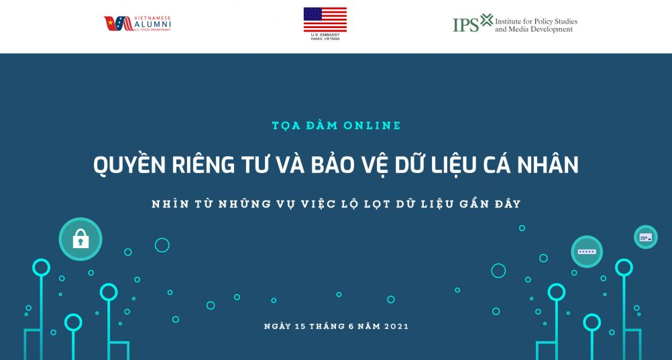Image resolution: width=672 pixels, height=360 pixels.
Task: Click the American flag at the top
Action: tap(325, 19)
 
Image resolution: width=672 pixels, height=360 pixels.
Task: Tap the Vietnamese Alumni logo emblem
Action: tap(118, 23)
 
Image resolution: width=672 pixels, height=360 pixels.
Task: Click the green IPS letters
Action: tap(465, 25)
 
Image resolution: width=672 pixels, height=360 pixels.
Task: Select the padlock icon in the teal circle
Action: tap(80, 239)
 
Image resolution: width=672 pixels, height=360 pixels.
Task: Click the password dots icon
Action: tap(587, 251)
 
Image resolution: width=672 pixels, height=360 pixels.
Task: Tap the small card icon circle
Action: tap(645, 237)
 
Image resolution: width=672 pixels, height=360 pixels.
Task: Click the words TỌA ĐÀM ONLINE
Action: tap(336, 125)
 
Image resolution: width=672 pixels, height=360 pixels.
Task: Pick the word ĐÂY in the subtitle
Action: tap(505, 204)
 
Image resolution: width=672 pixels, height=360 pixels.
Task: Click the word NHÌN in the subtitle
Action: tap(170, 204)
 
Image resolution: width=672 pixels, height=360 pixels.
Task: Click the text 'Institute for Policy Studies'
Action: tap(536, 21)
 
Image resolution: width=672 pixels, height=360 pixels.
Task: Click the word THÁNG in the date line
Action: tap(329, 326)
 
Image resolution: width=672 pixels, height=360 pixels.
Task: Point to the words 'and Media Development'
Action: tap(535, 30)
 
